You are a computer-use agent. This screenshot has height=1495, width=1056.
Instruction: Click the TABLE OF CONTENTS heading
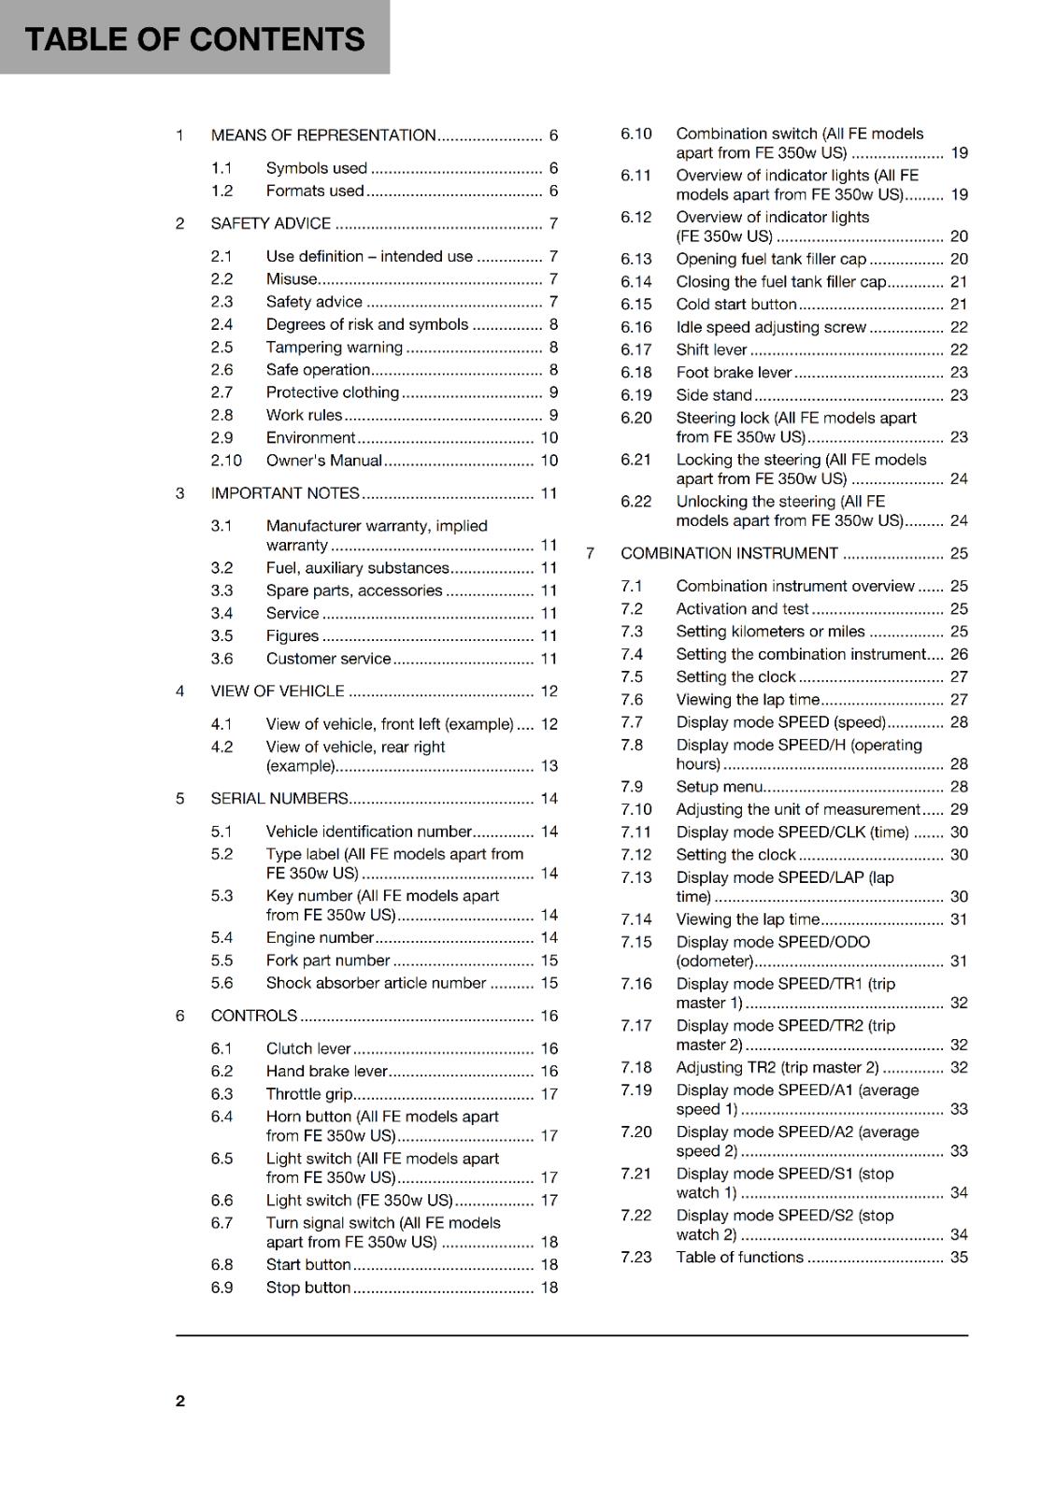194,39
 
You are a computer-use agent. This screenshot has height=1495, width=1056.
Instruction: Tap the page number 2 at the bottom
180,1401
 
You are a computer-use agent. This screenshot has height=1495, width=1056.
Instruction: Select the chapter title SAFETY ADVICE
270,223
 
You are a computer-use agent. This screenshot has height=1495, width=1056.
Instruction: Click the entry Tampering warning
334,348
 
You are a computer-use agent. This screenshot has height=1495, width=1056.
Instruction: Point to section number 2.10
226,461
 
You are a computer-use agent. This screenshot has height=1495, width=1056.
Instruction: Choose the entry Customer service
328,659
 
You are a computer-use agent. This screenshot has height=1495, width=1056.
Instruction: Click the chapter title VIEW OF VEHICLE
278,691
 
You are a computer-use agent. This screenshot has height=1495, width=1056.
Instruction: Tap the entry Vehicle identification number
368,832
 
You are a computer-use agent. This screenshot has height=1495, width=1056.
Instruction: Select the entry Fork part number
327,961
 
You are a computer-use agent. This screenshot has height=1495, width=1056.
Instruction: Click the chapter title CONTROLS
253,1016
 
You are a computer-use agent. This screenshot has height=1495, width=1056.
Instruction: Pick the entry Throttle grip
308,1094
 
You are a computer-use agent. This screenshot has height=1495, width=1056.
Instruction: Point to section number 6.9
221,1288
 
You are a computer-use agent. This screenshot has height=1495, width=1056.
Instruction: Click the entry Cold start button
736,305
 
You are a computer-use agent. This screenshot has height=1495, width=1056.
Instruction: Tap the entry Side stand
714,395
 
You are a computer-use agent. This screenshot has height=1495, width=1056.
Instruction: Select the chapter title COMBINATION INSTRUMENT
729,553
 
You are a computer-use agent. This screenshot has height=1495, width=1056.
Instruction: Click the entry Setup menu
720,787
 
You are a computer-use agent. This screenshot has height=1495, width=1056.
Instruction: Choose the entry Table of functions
739,1258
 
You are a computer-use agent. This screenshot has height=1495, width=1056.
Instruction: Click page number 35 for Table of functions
959,1258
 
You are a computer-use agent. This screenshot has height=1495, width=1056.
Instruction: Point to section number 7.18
635,1067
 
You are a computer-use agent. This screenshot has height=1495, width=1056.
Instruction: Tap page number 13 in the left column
549,766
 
